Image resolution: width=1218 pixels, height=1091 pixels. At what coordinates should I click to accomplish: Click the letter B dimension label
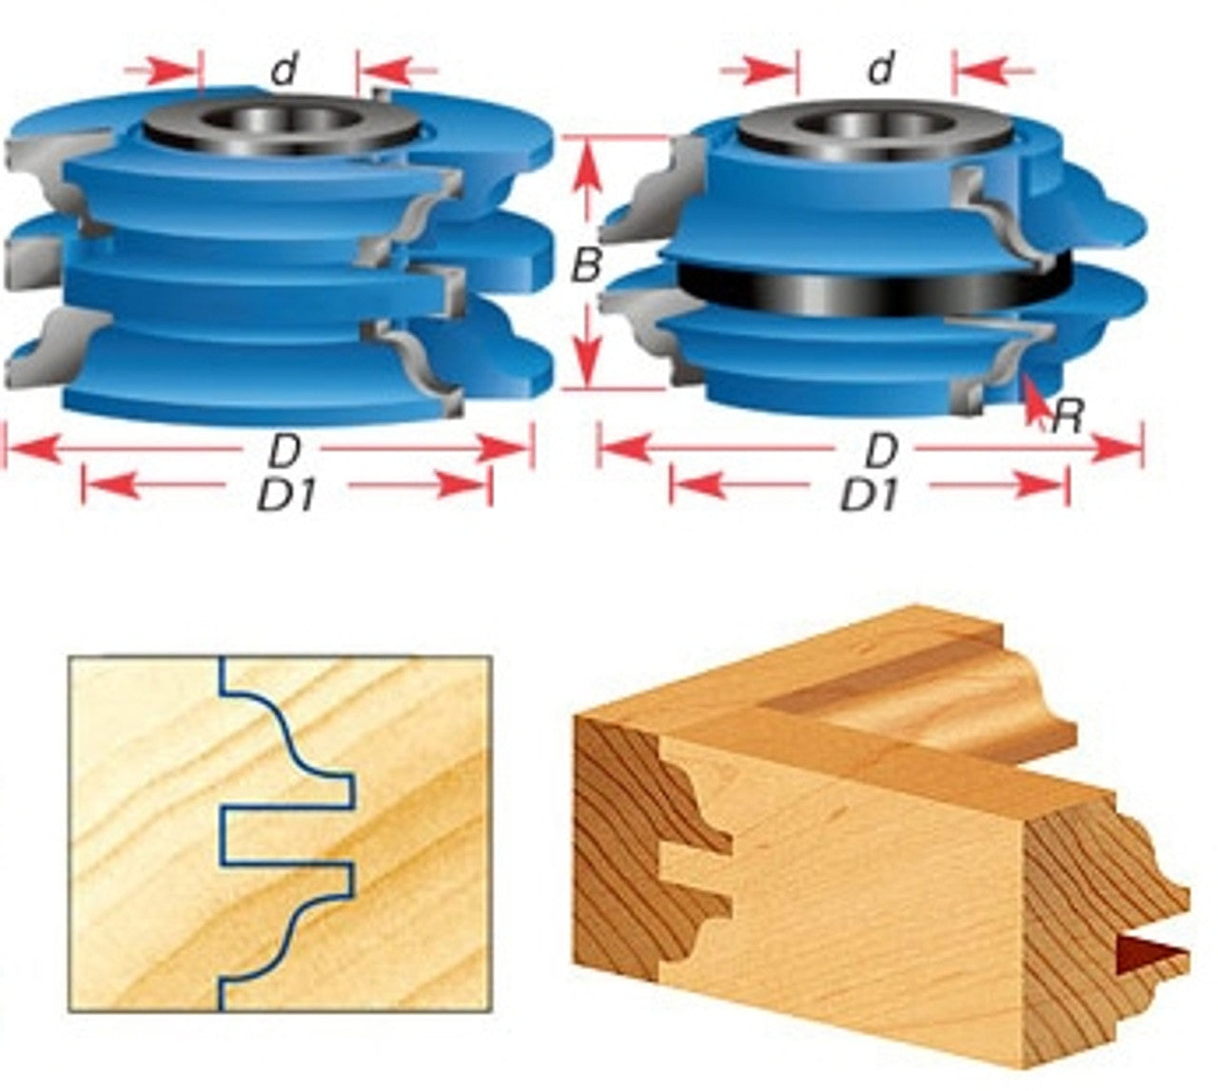pyautogui.click(x=586, y=265)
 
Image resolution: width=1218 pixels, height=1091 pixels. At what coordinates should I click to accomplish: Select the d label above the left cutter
pyautogui.click(x=284, y=71)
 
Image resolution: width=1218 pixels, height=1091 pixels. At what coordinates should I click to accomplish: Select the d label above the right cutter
pyautogui.click(x=881, y=68)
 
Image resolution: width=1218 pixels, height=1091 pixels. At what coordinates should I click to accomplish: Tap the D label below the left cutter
pyautogui.click(x=284, y=451)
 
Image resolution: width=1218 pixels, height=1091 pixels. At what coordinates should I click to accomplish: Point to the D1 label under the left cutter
pyautogui.click(x=286, y=496)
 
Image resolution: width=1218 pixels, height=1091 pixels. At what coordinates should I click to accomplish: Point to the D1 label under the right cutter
pyautogui.click(x=870, y=496)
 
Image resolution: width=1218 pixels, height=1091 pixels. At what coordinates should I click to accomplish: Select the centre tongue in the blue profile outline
pyautogui.click(x=287, y=835)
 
